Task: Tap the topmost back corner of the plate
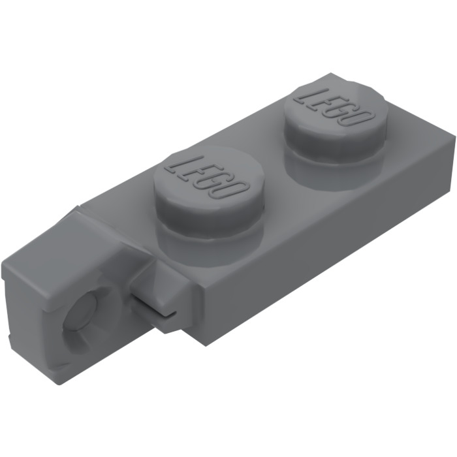coord(330,74)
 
